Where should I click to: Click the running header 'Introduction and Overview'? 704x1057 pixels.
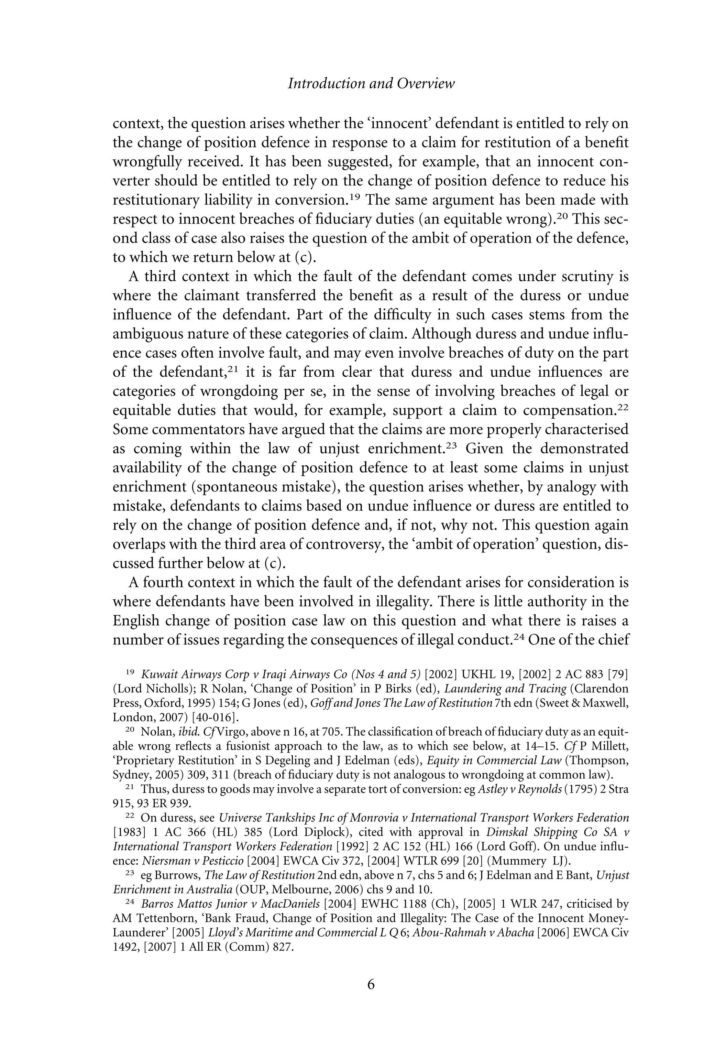click(371, 84)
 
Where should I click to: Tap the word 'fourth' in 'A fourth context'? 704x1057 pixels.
click(163, 583)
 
